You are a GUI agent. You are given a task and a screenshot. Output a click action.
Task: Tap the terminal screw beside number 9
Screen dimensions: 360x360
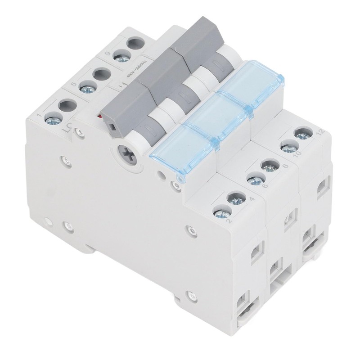click(120, 57)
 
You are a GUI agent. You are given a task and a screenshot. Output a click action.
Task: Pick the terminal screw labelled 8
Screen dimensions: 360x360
click(269, 166)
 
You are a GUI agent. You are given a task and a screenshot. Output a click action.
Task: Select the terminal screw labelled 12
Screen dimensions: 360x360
click(301, 133)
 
